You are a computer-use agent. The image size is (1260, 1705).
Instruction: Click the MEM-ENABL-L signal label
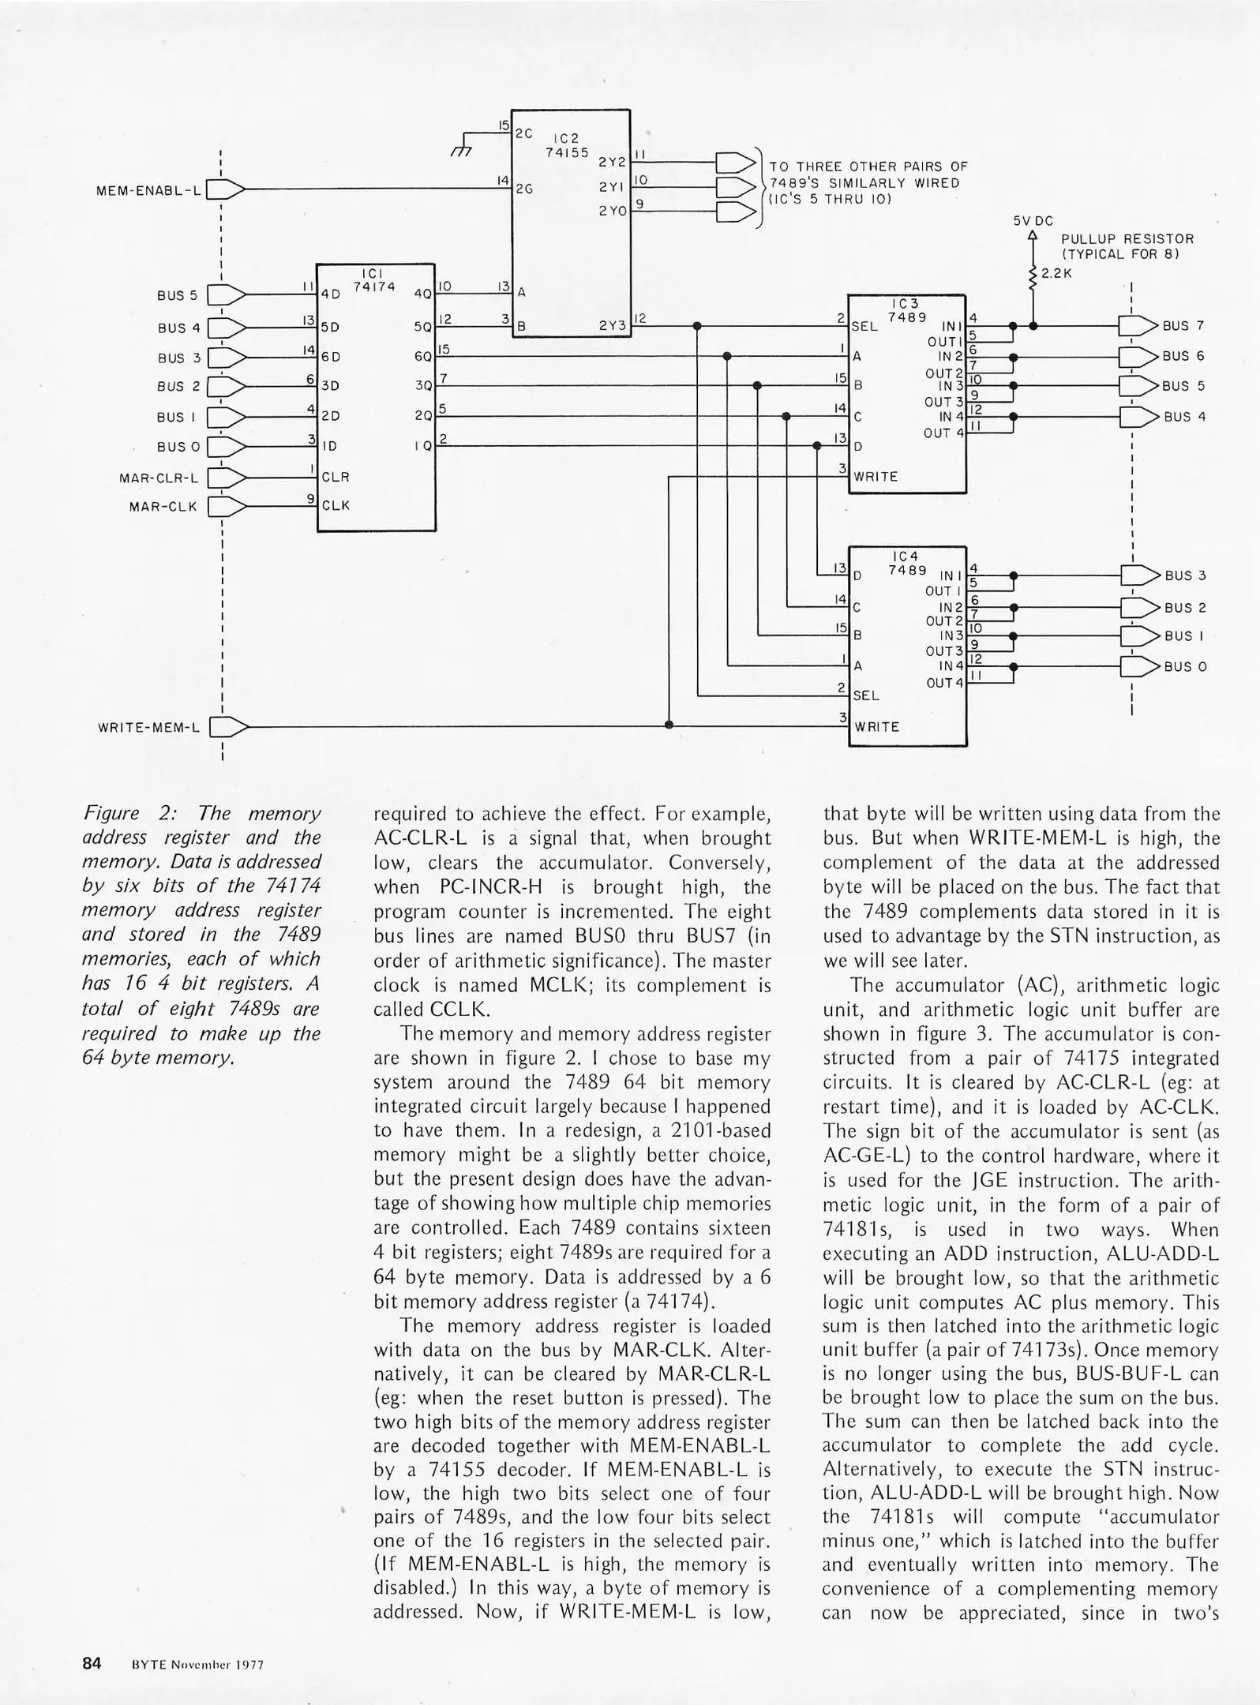148,189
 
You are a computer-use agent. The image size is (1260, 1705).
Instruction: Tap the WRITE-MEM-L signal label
148,726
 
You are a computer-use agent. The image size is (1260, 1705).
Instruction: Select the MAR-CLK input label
163,506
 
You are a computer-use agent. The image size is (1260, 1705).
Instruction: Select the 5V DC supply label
1033,221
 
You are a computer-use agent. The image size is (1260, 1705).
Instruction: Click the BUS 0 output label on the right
1185,666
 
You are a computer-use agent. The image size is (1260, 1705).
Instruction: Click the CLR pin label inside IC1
336,477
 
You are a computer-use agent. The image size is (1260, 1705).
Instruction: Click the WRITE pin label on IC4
876,726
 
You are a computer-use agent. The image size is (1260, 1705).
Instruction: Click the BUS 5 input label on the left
178,295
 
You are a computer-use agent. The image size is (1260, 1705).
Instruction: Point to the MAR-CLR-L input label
159,478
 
